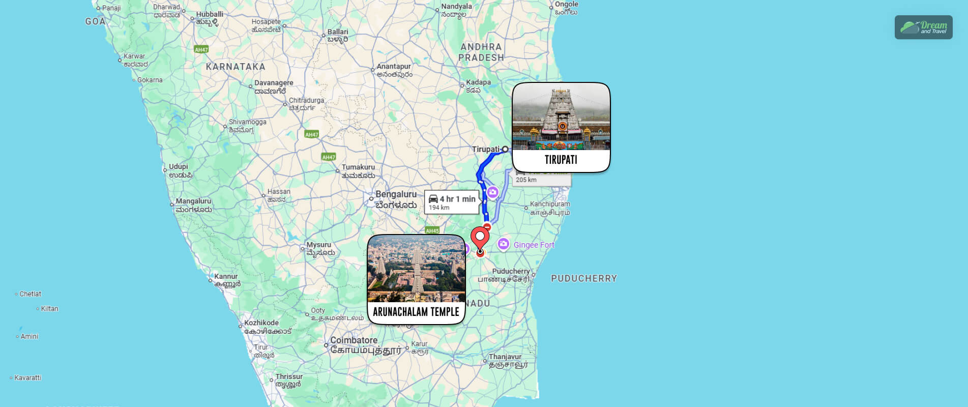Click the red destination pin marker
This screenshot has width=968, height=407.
(480, 238)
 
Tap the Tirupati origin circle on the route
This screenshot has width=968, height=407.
(505, 149)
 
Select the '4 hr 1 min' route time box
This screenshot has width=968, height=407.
(452, 202)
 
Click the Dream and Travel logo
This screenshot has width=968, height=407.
(923, 27)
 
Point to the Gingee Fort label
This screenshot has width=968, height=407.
(534, 245)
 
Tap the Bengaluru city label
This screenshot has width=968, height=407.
(396, 194)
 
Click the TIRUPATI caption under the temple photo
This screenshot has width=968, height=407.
(561, 160)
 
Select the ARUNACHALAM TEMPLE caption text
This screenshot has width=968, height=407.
(416, 312)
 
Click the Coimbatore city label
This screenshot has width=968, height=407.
(354, 340)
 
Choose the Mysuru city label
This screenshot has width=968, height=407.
(319, 245)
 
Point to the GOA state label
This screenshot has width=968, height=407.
(96, 21)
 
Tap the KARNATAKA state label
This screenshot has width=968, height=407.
(236, 67)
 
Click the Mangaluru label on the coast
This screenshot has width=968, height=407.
(193, 201)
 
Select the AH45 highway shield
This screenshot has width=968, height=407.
(432, 230)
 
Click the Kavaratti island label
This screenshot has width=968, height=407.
(27, 378)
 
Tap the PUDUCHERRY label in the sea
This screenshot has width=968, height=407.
(584, 278)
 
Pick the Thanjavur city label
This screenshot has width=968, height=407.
(505, 357)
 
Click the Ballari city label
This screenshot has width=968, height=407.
(338, 32)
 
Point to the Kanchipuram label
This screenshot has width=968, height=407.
(550, 204)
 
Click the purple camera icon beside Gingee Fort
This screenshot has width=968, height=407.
(503, 244)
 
